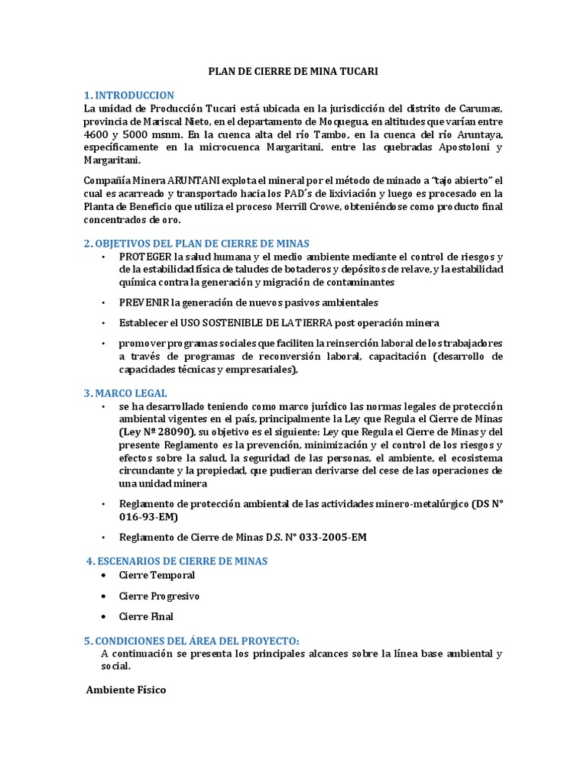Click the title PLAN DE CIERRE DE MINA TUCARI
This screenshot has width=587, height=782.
pyautogui.click(x=293, y=71)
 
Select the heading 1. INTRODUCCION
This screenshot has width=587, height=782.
pyautogui.click(x=129, y=95)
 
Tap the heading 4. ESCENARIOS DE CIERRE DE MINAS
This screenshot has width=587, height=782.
pyautogui.click(x=177, y=561)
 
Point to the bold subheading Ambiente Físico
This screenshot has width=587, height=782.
pyautogui.click(x=125, y=690)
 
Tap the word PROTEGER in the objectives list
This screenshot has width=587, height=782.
pyautogui.click(x=145, y=257)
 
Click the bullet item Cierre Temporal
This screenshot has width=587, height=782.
pyautogui.click(x=157, y=575)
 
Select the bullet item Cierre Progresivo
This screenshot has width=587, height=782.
pyautogui.click(x=159, y=596)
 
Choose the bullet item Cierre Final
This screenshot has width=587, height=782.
pyautogui.click(x=146, y=616)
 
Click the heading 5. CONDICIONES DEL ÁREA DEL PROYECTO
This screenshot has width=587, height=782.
pyautogui.click(x=192, y=641)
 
